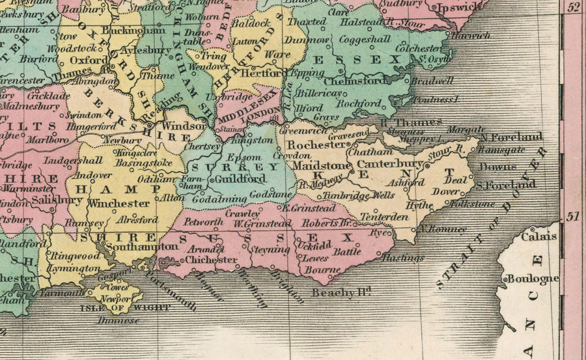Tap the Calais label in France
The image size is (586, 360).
[538, 236]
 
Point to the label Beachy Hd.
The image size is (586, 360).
[341, 292]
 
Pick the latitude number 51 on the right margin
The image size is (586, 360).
[574, 217]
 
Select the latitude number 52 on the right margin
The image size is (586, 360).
[574, 8]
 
